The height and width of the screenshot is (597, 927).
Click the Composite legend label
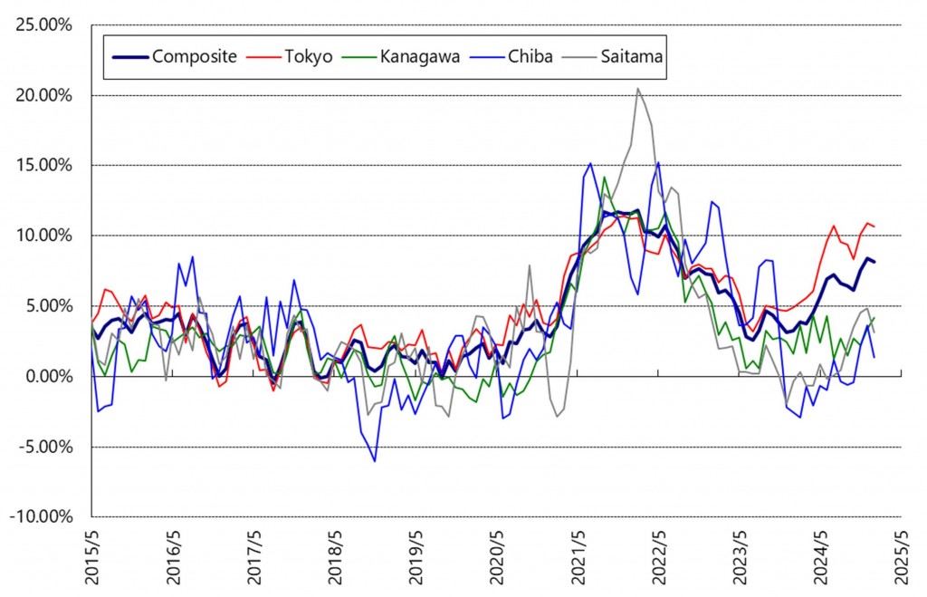[x=194, y=56]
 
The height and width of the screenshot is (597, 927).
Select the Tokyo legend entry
[x=311, y=56]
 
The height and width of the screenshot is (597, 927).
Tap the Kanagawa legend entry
[x=419, y=56]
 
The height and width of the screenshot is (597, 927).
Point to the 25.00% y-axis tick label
[x=42, y=24]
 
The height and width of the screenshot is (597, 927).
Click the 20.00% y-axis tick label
[x=42, y=95]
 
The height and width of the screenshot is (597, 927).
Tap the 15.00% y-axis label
[x=42, y=165]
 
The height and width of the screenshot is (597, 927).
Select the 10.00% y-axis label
[x=42, y=236]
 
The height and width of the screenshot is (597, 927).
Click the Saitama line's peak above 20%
[x=638, y=88]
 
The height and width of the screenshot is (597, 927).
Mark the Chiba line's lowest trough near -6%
[x=375, y=461]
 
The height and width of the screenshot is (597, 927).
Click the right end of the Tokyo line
[x=874, y=226]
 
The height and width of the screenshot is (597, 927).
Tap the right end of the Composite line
[x=874, y=262]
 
